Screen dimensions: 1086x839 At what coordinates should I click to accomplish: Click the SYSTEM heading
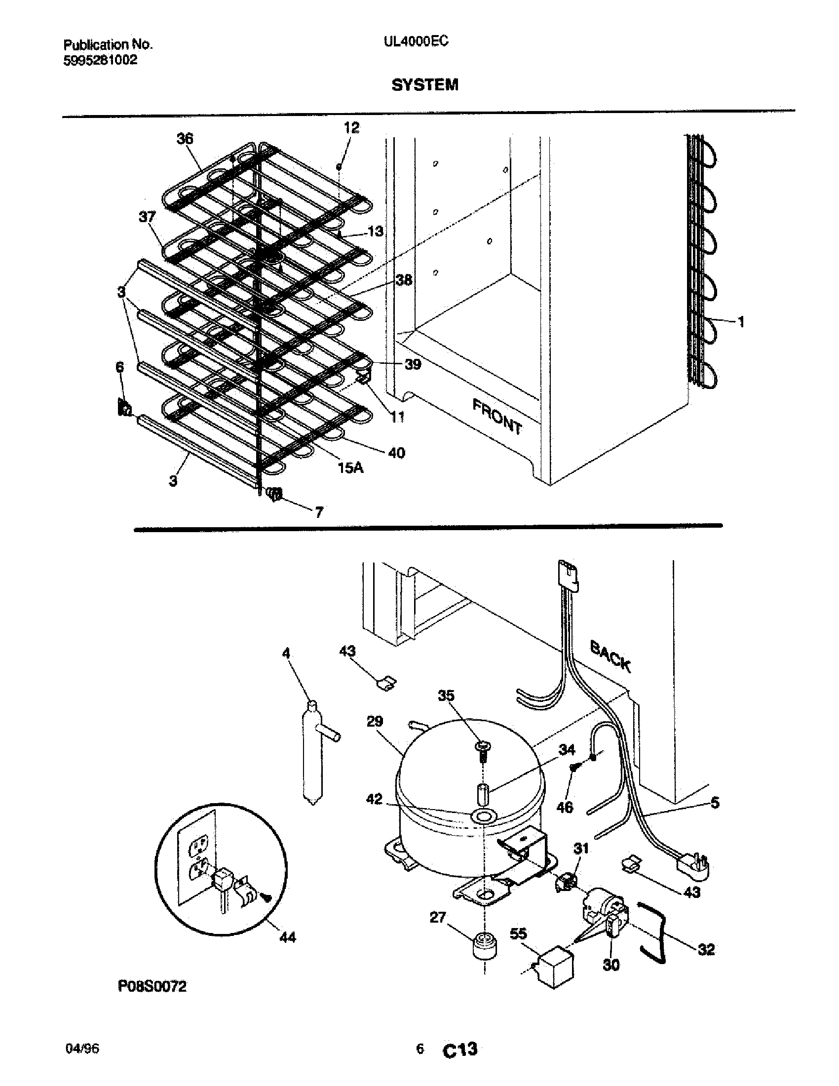click(424, 85)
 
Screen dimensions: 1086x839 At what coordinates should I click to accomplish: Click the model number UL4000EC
click(416, 42)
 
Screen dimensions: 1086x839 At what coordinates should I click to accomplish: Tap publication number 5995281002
click(100, 61)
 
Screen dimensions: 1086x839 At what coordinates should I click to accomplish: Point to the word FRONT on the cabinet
click(497, 417)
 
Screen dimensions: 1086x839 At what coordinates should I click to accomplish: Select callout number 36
click(185, 139)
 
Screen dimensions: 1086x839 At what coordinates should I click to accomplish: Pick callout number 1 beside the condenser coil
click(741, 322)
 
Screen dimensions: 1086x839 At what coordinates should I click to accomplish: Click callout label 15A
click(350, 468)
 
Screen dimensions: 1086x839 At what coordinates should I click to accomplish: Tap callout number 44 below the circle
click(287, 938)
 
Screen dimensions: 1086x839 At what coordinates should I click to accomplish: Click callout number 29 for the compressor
click(375, 721)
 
